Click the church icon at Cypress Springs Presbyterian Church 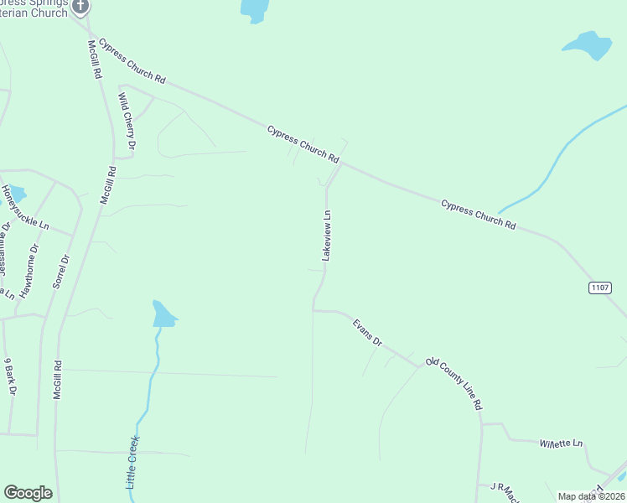pyautogui.click(x=80, y=7)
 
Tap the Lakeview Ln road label pyautogui.click(x=328, y=236)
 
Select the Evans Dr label pyautogui.click(x=367, y=332)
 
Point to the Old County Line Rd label pyautogui.click(x=454, y=383)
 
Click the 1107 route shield pyautogui.click(x=599, y=288)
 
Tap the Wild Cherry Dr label pyautogui.click(x=127, y=122)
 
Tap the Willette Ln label pyautogui.click(x=561, y=442)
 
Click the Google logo pyautogui.click(x=28, y=493)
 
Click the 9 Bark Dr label pyautogui.click(x=11, y=377)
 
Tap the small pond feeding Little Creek pyautogui.click(x=163, y=314)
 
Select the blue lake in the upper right pyautogui.click(x=588, y=45)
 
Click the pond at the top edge pyautogui.click(x=254, y=8)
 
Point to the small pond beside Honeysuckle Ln pyautogui.click(x=17, y=194)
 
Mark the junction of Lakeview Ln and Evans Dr pyautogui.click(x=313, y=309)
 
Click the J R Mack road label pyautogui.click(x=500, y=487)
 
